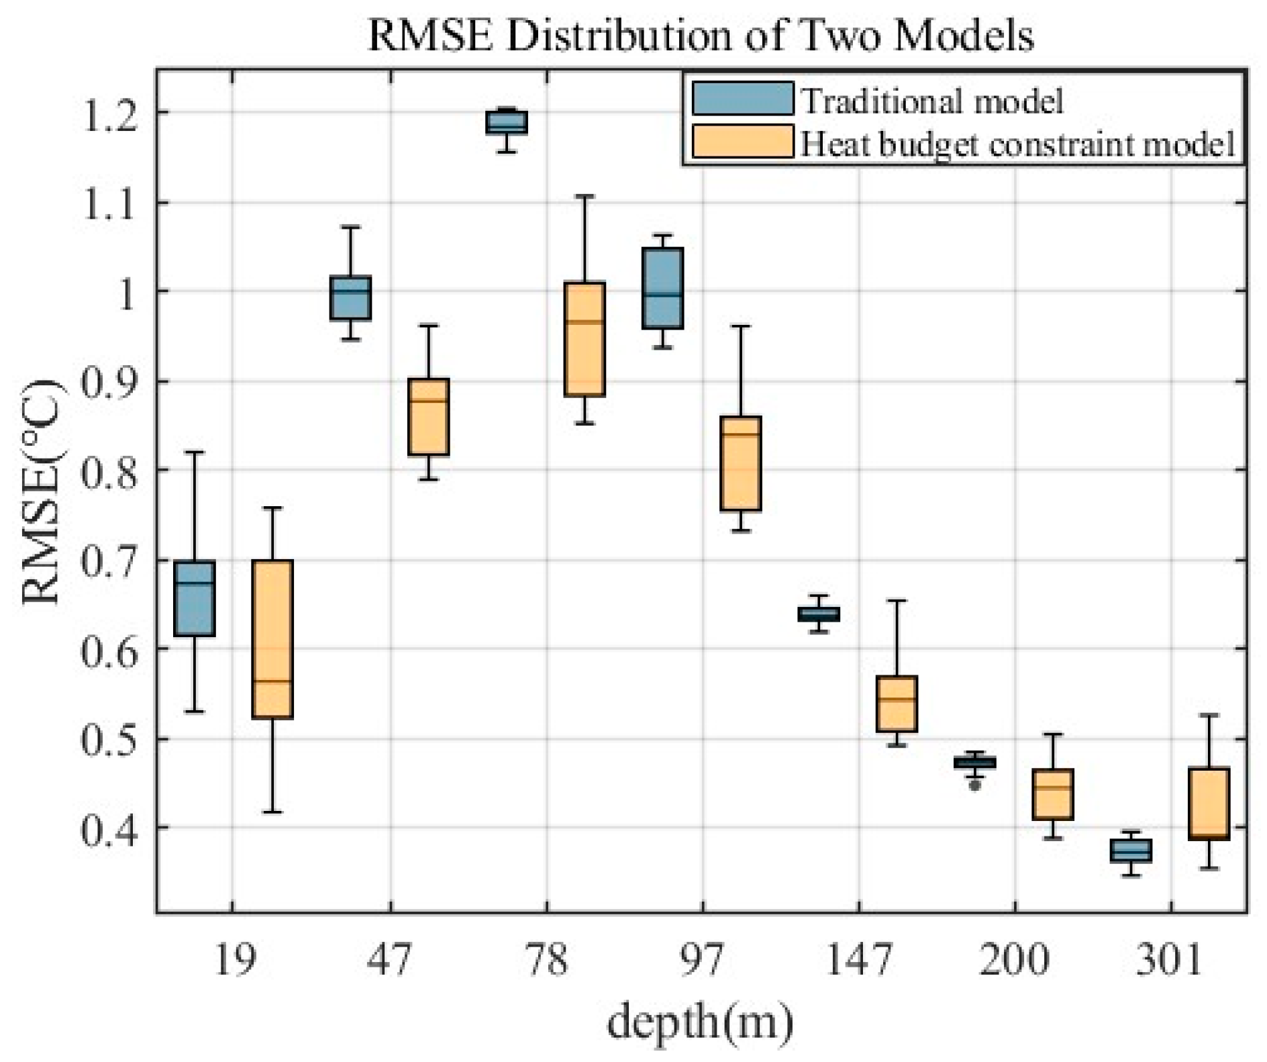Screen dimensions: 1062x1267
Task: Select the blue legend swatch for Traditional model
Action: click(x=742, y=99)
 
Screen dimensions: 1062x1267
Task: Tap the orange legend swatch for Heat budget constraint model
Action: click(x=742, y=142)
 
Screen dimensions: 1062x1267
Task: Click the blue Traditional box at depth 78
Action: click(x=507, y=123)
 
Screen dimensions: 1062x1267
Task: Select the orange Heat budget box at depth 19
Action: click(x=272, y=639)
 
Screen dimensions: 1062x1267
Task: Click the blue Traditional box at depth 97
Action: click(x=663, y=289)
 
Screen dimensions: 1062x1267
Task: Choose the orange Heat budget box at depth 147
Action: click(x=897, y=704)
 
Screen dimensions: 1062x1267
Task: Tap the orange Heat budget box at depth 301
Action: click(x=1209, y=804)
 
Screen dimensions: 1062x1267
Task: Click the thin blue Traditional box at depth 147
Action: click(x=819, y=614)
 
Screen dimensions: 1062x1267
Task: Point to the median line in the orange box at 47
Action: click(x=429, y=401)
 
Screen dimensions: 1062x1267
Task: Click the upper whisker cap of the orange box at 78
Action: click(x=585, y=196)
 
